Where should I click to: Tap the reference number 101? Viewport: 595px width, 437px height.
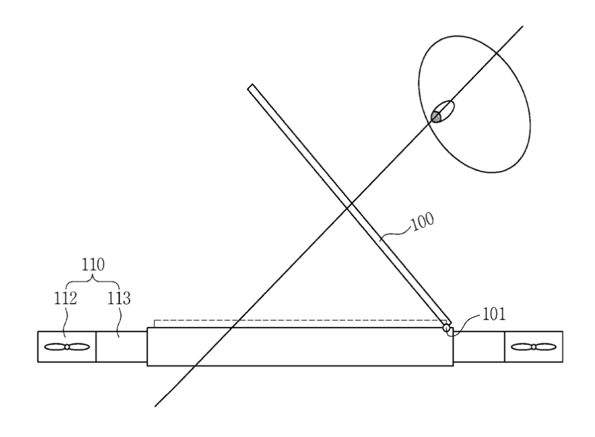point(494,314)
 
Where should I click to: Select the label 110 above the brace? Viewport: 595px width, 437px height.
point(93,264)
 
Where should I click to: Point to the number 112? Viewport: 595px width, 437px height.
point(65,298)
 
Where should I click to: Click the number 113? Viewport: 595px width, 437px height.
point(119,298)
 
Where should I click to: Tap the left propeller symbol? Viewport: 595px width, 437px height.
point(67,347)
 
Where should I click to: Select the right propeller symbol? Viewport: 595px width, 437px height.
point(533,347)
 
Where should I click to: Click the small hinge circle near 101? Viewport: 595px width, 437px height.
point(447,327)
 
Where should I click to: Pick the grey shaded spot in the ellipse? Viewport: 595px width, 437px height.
point(436,117)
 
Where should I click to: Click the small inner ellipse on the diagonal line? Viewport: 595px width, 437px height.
point(442,112)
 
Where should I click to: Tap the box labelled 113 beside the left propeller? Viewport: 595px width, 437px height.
point(122,347)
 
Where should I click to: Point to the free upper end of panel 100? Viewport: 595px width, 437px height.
point(250,87)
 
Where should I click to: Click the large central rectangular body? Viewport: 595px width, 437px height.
point(300,347)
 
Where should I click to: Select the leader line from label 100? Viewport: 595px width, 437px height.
point(396,233)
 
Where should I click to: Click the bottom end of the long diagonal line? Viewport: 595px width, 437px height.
point(155,406)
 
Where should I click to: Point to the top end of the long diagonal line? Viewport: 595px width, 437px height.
point(523,26)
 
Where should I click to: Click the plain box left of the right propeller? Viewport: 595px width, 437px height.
point(479,347)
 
